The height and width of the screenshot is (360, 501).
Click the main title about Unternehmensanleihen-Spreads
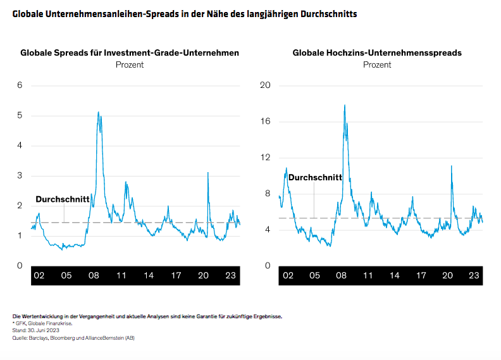pos(184,13)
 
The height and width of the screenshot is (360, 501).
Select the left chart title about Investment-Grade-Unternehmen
pos(130,53)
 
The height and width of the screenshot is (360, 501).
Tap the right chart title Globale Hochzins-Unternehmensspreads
pos(377,53)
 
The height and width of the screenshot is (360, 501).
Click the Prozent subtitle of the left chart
pos(130,65)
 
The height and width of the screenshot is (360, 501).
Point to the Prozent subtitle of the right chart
pos(377,65)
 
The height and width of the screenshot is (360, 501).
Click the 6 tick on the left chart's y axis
pos(20,85)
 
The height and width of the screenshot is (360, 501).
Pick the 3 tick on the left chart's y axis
pos(20,175)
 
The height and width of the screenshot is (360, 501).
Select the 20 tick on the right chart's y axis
pos(266,85)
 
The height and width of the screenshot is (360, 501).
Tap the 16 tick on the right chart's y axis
pos(266,121)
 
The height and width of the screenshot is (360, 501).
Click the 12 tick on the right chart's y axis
pos(266,158)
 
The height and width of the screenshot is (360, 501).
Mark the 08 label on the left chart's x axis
pos(94,276)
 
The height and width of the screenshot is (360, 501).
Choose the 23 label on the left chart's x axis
pos(230,276)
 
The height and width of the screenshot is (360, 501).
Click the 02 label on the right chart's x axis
pos(288,276)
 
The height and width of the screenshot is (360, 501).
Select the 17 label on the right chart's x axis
pos(421,276)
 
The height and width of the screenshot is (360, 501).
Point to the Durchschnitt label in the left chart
pos(62,199)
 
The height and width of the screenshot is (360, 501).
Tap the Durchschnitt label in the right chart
pos(315,178)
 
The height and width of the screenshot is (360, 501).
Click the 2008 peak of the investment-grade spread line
pos(98,113)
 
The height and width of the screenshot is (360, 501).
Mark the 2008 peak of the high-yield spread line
pos(344,105)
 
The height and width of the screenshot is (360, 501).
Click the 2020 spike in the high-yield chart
pos(451,166)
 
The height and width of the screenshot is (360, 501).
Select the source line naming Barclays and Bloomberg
pos(73,338)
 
